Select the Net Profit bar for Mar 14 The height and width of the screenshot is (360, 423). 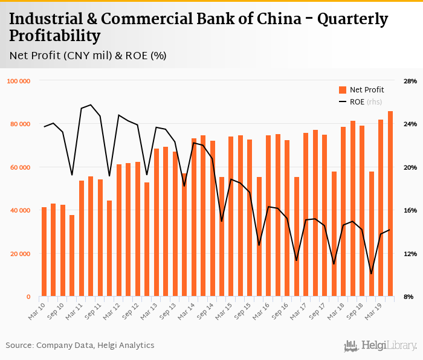[194, 217]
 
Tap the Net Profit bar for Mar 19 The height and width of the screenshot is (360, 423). [381, 208]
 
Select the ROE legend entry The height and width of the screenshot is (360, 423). [361, 102]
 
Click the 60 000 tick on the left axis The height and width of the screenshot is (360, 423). [22, 167]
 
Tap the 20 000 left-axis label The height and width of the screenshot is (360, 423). [22, 254]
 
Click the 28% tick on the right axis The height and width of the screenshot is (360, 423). [410, 81]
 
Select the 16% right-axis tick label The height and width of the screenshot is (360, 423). [410, 210]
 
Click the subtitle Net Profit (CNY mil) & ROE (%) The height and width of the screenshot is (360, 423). [88, 56]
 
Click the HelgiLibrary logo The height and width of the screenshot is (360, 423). [380, 346]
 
